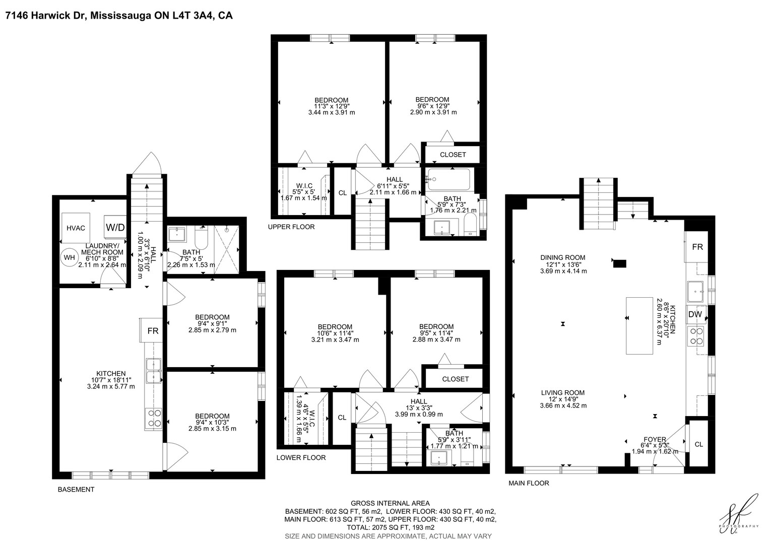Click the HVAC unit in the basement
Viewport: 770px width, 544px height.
pyautogui.click(x=76, y=228)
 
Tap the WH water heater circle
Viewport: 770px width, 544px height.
pyautogui.click(x=69, y=257)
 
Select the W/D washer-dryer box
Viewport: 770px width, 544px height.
pyautogui.click(x=115, y=227)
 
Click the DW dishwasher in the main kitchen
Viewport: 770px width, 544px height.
pyautogui.click(x=695, y=314)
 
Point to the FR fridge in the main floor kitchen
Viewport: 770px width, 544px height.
pyautogui.click(x=697, y=247)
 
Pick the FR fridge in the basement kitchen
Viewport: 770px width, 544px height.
pyautogui.click(x=152, y=330)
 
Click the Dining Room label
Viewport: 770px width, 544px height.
pyautogui.click(x=563, y=257)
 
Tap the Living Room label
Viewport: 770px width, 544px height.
pyautogui.click(x=563, y=392)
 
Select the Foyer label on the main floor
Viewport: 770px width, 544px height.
pyautogui.click(x=655, y=439)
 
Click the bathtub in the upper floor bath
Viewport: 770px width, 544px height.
pyautogui.click(x=448, y=179)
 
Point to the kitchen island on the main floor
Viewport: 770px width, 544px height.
pyautogui.click(x=639, y=325)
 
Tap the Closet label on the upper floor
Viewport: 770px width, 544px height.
pyautogui.click(x=453, y=155)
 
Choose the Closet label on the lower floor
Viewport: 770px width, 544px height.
pyautogui.click(x=455, y=379)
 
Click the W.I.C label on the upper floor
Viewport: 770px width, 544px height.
pyautogui.click(x=304, y=186)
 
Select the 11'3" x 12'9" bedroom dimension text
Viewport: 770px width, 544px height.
pyautogui.click(x=332, y=106)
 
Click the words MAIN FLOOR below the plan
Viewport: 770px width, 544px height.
pyautogui.click(x=529, y=483)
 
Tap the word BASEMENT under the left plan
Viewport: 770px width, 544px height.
pyautogui.click(x=76, y=490)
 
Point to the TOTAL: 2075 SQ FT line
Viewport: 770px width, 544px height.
pyautogui.click(x=391, y=527)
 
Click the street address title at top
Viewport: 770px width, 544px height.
pyautogui.click(x=119, y=16)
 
